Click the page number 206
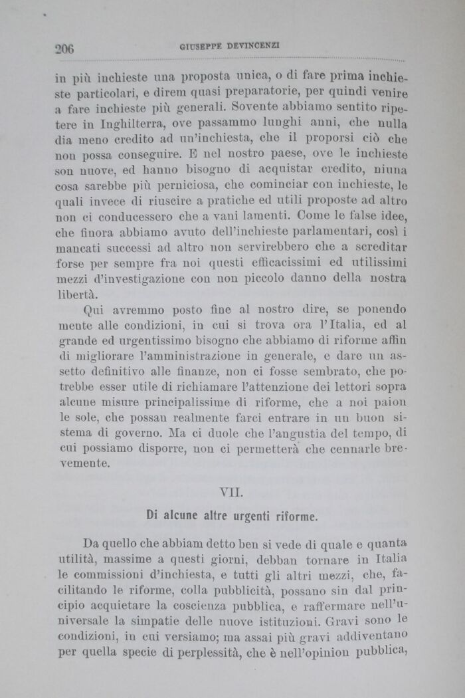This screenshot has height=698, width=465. (64, 47)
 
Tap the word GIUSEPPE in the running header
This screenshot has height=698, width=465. (200, 46)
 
